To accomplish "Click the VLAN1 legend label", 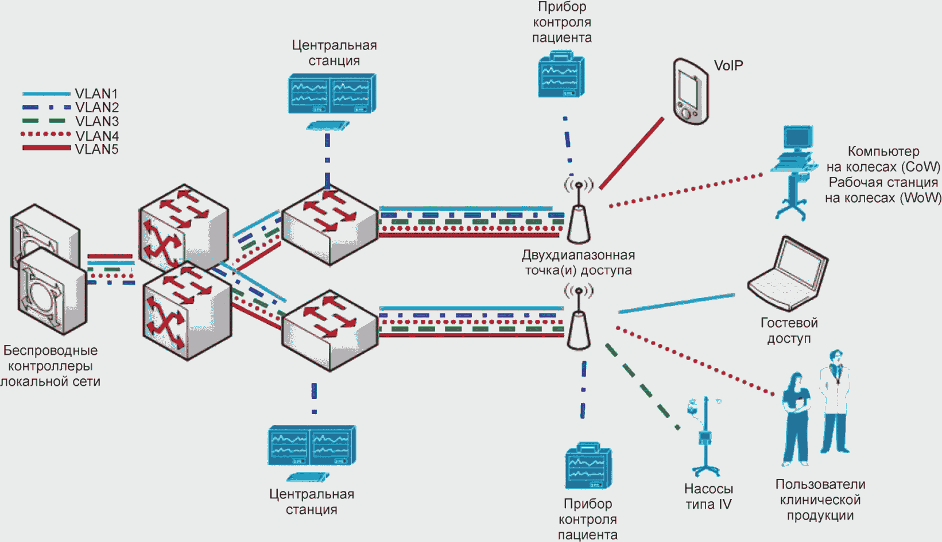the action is pos(96,94).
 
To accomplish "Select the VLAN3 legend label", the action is pos(96,121).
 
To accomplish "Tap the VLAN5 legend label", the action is pos(96,149).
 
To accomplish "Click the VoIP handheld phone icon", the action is pos(691,91).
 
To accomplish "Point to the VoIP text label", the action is pos(728,65).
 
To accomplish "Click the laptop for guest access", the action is pos(788,274).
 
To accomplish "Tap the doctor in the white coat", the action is pos(835,401).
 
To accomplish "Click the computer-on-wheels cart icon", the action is pos(794,172).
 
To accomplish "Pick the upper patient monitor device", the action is pos(561,75).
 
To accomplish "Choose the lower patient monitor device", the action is pos(588,466).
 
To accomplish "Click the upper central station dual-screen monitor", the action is pos(332,94).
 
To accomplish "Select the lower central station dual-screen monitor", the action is pos(312,446).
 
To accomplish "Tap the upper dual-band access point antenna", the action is pos(579,212).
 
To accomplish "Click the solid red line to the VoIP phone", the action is pos(631,153).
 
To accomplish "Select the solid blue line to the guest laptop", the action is pos(676,304).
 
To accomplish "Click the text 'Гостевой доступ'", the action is pos(789,331).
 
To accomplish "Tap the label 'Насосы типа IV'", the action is pos(708,496).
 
